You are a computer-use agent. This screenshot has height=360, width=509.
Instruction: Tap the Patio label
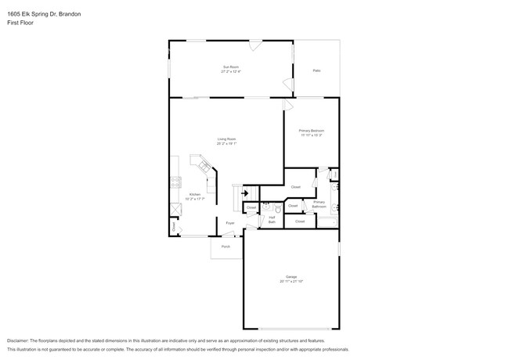click(x=316, y=70)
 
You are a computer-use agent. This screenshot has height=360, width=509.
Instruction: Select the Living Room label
click(x=227, y=142)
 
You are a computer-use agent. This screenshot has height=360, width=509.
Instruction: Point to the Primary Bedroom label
click(x=312, y=132)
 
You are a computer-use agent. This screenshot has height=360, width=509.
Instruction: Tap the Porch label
click(x=226, y=247)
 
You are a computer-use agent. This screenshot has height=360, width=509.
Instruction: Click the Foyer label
click(x=230, y=223)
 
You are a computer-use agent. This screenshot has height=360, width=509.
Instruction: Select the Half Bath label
click(x=272, y=220)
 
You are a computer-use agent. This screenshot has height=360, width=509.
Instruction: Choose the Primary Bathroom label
click(x=319, y=204)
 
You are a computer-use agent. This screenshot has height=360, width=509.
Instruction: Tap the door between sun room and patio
click(x=291, y=83)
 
